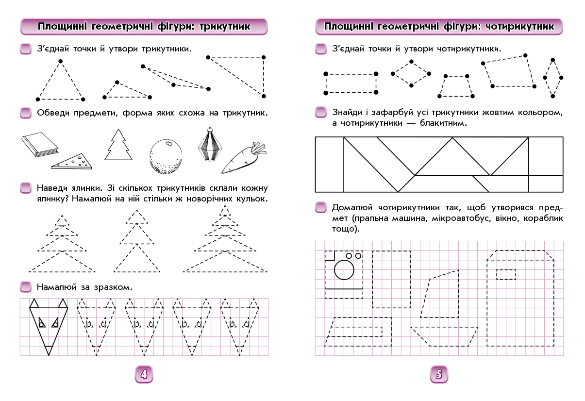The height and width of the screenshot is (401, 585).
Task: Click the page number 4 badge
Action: [144, 374]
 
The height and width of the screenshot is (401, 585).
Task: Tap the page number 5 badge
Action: [439, 374]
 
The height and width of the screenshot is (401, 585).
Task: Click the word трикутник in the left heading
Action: [225, 27]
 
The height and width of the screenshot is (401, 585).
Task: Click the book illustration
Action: [40, 144]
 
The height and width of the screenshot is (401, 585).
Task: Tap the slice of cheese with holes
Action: [72, 162]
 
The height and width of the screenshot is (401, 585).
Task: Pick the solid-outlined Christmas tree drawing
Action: [118, 145]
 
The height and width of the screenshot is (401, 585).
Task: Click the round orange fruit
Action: [166, 156]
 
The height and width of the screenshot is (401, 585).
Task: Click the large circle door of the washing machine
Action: [344, 270]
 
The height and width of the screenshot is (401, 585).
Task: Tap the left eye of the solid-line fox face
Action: [42, 323]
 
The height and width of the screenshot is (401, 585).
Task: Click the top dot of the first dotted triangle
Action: [60, 61]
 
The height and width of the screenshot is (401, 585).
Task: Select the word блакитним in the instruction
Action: [443, 123]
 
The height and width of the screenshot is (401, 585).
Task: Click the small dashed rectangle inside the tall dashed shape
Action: [506, 275]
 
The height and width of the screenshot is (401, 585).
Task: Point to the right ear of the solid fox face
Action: [63, 303]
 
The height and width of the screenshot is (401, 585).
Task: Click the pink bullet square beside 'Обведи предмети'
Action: [26, 113]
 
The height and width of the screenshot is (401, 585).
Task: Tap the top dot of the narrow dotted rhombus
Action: [552, 60]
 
